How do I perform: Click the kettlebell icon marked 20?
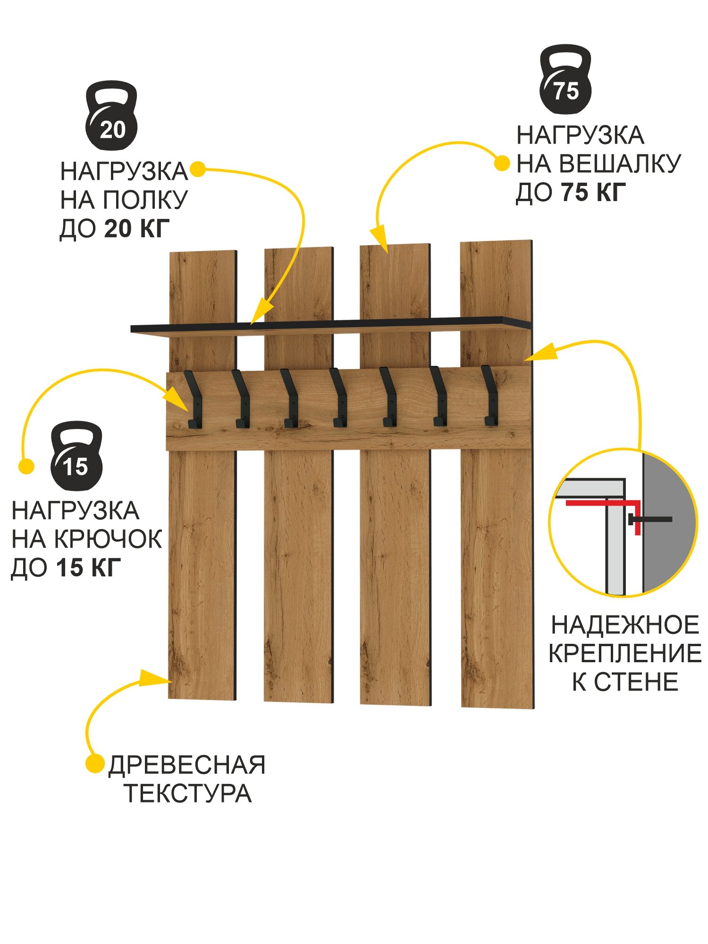coord(111,116)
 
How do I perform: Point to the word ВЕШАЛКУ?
coord(621,164)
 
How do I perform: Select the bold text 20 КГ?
coord(136,228)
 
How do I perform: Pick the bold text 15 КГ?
coord(88,567)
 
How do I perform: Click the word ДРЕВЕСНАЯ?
coord(187,765)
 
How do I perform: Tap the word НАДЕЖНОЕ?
coord(625,625)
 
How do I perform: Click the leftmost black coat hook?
coord(194,400)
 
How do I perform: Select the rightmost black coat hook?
coord(490,396)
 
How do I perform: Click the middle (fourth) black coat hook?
coord(339,398)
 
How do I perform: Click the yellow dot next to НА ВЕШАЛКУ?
coord(502,164)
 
